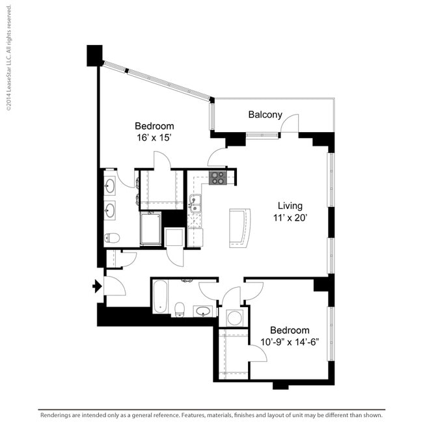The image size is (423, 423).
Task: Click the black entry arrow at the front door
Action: click(98, 286)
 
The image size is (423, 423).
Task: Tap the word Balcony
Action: click(265, 115)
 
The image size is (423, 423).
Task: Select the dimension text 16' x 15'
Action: click(154, 137)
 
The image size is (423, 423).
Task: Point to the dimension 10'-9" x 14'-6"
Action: click(290, 342)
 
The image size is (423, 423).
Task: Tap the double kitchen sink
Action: click(195, 204)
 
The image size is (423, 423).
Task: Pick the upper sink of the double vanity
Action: click(110, 187)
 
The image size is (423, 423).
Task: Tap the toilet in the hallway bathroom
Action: click(181, 308)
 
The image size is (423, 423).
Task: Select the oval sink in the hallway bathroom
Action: click(204, 311)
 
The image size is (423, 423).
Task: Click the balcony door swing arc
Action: click(290, 124)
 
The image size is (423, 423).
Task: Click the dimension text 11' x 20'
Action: click(290, 218)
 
